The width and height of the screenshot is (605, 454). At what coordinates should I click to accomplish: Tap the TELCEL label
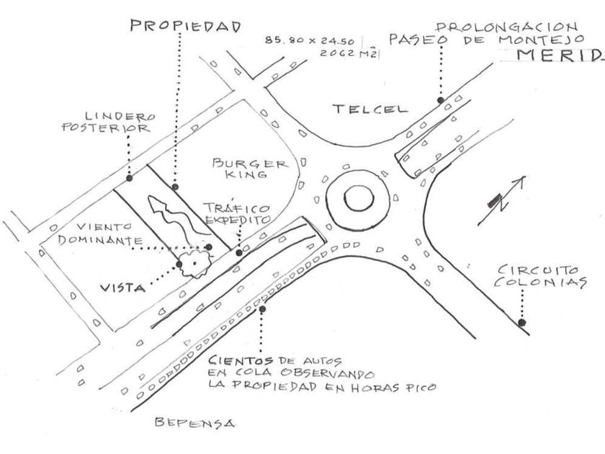(369, 109)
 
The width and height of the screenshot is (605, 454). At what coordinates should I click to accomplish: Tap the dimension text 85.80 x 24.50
(313, 40)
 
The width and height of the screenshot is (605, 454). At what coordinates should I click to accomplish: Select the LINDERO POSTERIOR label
(116, 122)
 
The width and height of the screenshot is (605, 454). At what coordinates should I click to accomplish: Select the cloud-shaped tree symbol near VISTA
(193, 263)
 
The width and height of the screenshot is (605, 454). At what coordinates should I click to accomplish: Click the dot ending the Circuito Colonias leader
(521, 322)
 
